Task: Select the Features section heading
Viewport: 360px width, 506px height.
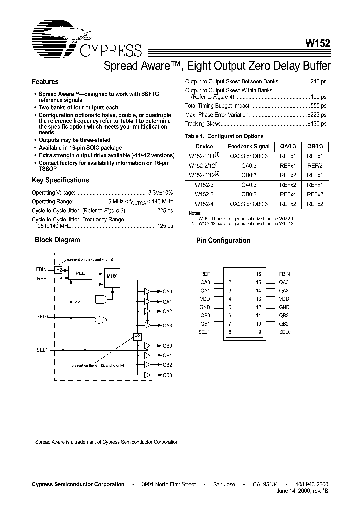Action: coord(45,82)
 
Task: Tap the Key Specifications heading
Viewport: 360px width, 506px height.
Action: coord(60,180)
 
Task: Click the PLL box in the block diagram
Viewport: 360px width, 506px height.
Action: coord(80,274)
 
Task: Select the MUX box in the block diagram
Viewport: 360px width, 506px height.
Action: coord(112,276)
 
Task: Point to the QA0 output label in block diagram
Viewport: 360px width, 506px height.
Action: coord(167,291)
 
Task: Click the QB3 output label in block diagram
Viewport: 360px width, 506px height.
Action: coord(167,375)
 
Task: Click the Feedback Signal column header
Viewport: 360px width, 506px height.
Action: coord(249,147)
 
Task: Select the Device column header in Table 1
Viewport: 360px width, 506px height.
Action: coord(204,147)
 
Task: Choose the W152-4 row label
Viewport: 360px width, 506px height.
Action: coord(204,204)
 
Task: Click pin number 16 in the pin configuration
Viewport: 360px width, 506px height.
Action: coord(258,274)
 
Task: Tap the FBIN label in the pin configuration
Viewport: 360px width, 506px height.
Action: coord(285,274)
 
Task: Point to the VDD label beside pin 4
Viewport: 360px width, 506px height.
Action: coord(205,299)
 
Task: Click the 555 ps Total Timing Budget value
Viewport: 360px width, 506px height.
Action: coord(318,106)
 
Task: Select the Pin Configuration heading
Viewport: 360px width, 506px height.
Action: coord(223,240)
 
